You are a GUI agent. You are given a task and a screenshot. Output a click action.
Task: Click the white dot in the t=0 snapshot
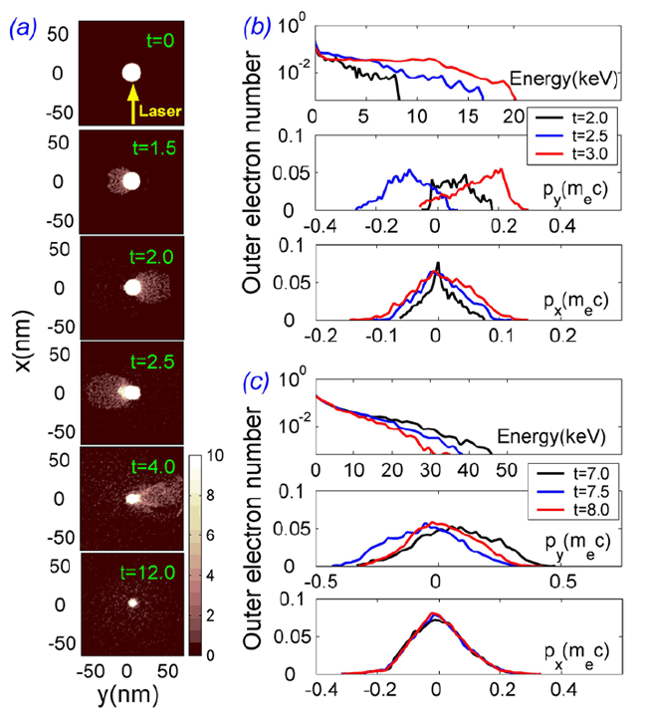point(131,73)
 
